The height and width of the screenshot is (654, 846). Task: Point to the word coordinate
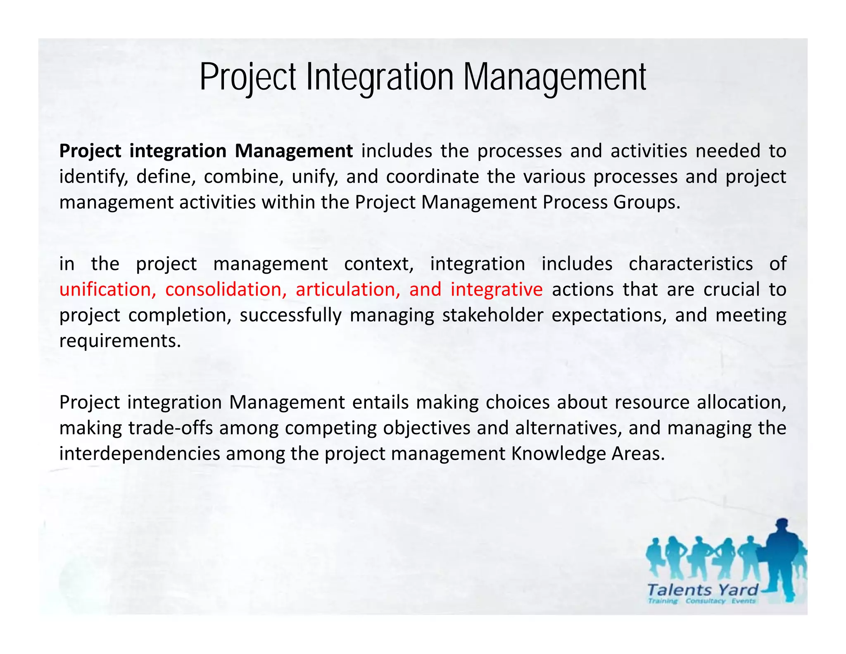[x=432, y=177]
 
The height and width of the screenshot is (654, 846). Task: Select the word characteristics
[x=691, y=264]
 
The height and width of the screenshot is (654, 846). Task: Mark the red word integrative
[x=496, y=289]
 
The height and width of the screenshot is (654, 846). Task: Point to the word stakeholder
[x=492, y=315]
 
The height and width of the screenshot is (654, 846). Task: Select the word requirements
[x=120, y=341]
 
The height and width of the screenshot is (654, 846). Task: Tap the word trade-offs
[x=171, y=428]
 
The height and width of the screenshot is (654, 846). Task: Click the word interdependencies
[x=140, y=454]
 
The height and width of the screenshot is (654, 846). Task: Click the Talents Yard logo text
[x=702, y=590]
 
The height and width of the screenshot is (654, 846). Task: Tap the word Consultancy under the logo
[x=705, y=601]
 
